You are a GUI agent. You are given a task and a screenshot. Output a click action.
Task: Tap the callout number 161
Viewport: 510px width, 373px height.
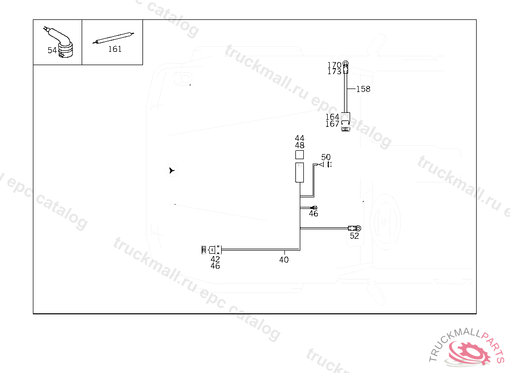pos(115,49)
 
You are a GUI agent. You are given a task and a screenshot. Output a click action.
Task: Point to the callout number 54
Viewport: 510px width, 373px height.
pos(52,50)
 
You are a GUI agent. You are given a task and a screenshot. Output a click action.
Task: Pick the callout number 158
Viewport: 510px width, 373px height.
pos(363,89)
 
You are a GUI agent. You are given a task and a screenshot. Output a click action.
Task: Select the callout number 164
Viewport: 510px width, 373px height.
pos(332,117)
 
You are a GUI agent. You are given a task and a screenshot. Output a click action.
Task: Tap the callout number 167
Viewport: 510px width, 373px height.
pos(332,124)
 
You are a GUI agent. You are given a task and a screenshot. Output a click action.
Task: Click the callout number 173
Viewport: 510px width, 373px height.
pos(334,72)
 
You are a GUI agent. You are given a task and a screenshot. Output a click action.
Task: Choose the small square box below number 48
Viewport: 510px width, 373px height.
pos(299,154)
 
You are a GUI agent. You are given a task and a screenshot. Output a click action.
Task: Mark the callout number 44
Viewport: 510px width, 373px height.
pos(299,138)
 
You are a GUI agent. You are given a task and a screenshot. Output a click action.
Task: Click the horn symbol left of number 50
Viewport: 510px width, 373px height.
pos(321,165)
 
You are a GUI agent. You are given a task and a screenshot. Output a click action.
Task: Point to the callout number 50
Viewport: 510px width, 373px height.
pos(326,157)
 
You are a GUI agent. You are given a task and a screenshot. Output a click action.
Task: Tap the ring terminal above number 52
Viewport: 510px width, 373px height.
pos(356,228)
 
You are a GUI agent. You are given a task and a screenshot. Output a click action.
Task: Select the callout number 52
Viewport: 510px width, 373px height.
pos(354,236)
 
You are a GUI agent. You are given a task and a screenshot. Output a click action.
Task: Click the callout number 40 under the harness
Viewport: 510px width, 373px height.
pos(284,260)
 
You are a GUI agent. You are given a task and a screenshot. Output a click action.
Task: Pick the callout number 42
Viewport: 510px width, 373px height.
pos(215,259)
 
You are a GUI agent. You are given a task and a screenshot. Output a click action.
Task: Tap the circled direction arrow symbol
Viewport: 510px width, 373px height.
pos(171,171)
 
